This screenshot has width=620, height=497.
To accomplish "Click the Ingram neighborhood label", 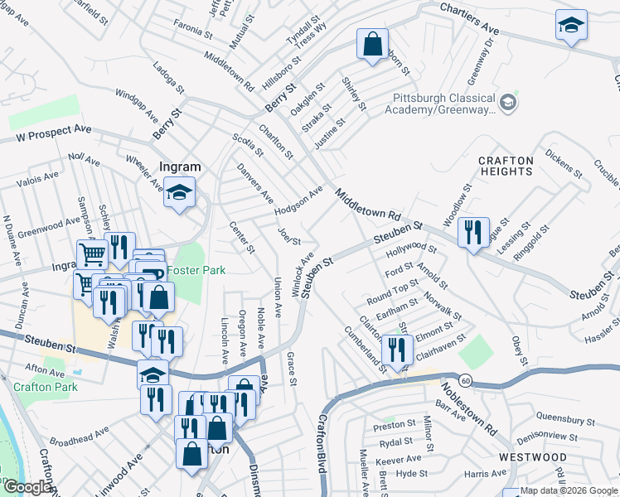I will (178, 166).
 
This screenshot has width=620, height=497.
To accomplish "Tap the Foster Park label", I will (196, 270).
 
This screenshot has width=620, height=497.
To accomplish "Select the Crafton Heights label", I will (506, 165).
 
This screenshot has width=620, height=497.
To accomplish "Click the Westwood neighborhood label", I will (533, 457).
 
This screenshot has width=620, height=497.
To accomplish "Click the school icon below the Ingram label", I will (179, 194).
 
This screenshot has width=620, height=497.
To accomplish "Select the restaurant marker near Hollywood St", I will (473, 232).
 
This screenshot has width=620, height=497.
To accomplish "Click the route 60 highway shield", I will (467, 380).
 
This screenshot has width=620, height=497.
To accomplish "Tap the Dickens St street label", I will (565, 160).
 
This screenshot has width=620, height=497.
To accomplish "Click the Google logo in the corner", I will (27, 487).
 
